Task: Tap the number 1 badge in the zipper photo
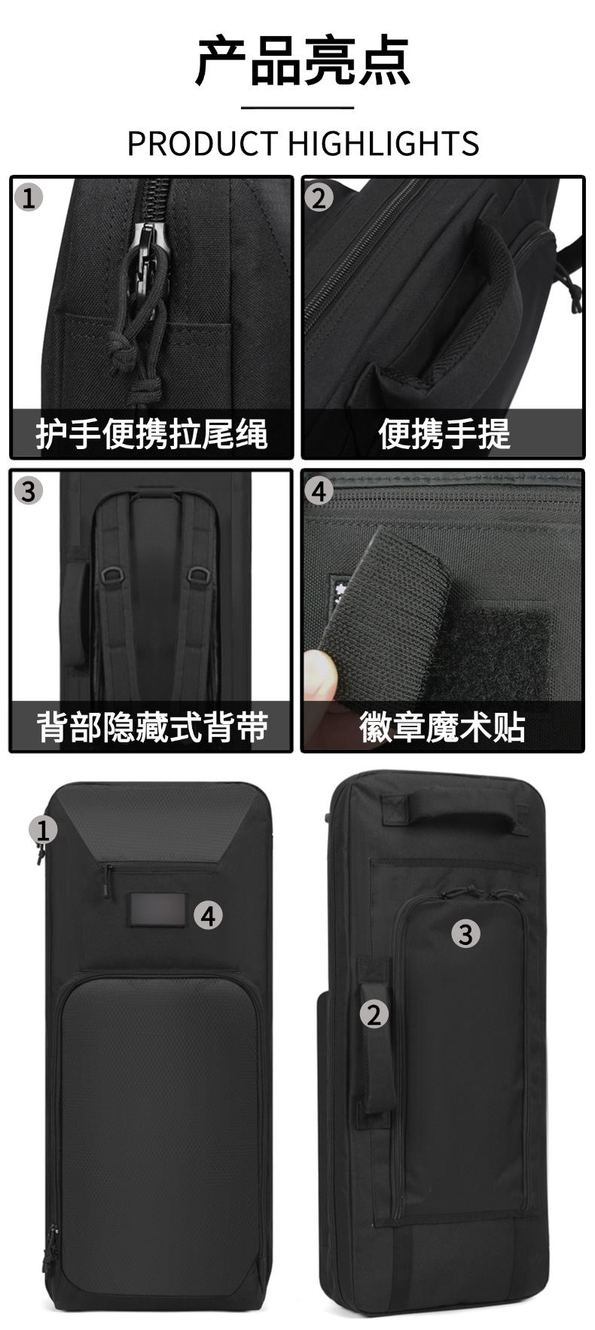pyautogui.click(x=29, y=198)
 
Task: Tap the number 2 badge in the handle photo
pyautogui.click(x=319, y=198)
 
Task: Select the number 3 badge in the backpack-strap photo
pyautogui.click(x=29, y=491)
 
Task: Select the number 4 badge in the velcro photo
pyautogui.click(x=319, y=491)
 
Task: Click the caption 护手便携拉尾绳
pyautogui.click(x=151, y=434)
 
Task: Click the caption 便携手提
pyautogui.click(x=444, y=434)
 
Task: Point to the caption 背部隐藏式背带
pyautogui.click(x=151, y=726)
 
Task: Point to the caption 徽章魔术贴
pyautogui.click(x=443, y=726)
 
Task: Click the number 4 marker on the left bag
pyautogui.click(x=209, y=916)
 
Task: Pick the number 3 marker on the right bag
pyautogui.click(x=465, y=934)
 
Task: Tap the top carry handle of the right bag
pyautogui.click(x=453, y=808)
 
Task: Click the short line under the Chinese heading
pyautogui.click(x=297, y=109)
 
